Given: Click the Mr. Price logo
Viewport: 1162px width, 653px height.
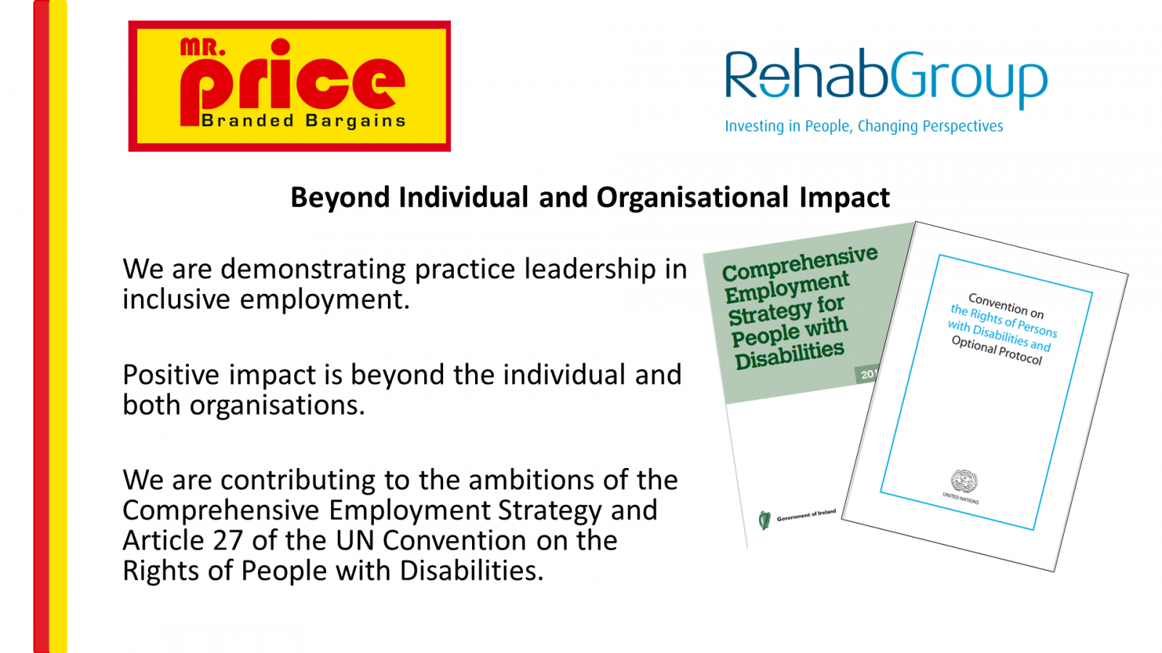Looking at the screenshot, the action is [x=290, y=86].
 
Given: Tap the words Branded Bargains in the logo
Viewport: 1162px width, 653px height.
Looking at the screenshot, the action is [x=304, y=120].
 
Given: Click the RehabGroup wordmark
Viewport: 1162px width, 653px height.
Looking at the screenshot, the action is [x=886, y=78].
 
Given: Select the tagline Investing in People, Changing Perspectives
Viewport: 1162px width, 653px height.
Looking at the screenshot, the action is [x=864, y=126].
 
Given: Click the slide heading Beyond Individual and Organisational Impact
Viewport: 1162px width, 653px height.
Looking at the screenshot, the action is [x=590, y=197].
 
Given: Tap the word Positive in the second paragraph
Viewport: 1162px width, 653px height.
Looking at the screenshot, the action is [x=171, y=374].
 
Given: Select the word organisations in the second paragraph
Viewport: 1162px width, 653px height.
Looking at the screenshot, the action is [x=277, y=406].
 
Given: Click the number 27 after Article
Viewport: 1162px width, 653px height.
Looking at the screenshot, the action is [x=228, y=541].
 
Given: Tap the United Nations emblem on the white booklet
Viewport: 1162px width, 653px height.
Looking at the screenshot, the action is [x=964, y=482].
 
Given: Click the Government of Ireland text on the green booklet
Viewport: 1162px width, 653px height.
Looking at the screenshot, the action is [x=806, y=515].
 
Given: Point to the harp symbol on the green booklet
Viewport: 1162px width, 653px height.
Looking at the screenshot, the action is [x=765, y=519].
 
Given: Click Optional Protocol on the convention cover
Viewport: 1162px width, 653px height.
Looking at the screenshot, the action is [x=996, y=350].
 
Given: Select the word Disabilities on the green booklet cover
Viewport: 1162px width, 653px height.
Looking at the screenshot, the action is [x=789, y=355].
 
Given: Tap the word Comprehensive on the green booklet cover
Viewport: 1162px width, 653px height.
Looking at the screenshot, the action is [x=800, y=263].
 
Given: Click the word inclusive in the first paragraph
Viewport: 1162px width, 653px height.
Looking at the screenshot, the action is [x=176, y=300].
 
